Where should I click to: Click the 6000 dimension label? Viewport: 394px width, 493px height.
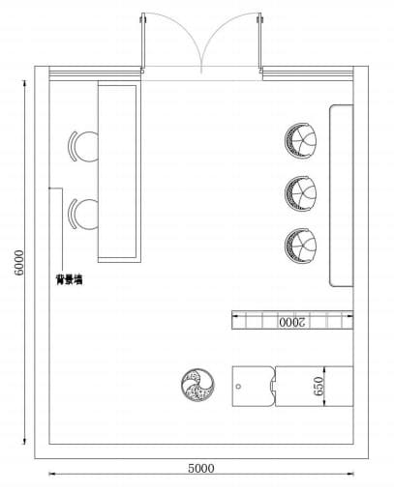[x=19, y=263]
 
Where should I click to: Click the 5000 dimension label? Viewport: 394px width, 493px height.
[x=201, y=468]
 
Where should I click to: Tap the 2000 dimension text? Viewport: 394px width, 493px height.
[x=291, y=322]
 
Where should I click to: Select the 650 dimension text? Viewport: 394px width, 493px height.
[x=318, y=386]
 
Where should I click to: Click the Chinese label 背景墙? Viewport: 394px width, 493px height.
[x=69, y=279]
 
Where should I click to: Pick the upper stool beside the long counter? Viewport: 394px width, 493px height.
[x=83, y=146]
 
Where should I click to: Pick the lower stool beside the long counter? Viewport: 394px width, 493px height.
[x=83, y=214]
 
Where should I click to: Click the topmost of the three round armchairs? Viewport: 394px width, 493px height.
[x=301, y=141]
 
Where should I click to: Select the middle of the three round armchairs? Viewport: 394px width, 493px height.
[x=301, y=193]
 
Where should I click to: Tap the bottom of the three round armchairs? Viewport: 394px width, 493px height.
[x=301, y=246]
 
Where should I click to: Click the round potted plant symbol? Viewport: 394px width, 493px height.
[x=197, y=385]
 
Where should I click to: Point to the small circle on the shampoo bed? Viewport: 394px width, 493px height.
[x=238, y=387]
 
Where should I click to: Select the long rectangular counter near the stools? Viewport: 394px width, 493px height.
[x=119, y=172]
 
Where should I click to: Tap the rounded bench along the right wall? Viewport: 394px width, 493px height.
[x=342, y=195]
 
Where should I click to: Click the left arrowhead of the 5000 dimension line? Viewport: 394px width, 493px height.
[x=51, y=474]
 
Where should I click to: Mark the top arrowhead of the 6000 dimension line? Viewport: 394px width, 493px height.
[x=24, y=83]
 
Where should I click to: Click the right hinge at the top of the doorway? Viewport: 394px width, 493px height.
[x=259, y=19]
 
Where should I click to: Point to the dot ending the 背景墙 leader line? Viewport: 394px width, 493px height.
[x=49, y=188]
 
